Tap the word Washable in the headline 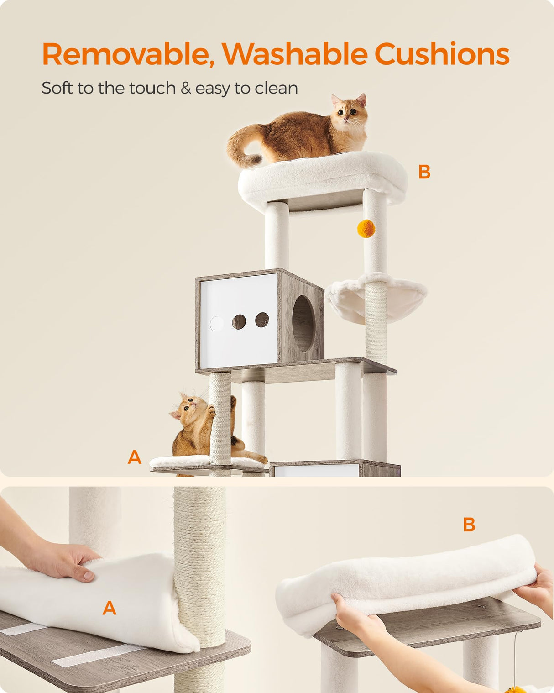[x=295, y=54]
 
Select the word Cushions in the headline [x=441, y=54]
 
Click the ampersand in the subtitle [x=186, y=88]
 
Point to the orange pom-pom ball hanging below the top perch [x=366, y=228]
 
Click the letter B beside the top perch [x=424, y=172]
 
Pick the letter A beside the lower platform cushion [x=135, y=457]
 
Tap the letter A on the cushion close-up [x=110, y=608]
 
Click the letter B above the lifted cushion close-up [x=469, y=525]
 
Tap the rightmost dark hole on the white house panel [x=262, y=320]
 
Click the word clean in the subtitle [x=276, y=88]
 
